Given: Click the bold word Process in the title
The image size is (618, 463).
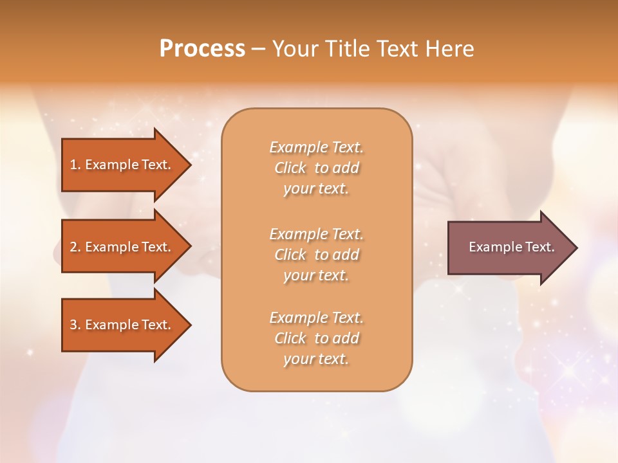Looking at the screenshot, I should click(x=202, y=49).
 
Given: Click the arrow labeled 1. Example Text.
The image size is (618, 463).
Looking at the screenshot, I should click(x=122, y=165).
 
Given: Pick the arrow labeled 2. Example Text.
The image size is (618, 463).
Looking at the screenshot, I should click(x=122, y=247).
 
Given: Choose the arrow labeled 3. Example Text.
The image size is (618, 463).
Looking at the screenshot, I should click(x=122, y=325).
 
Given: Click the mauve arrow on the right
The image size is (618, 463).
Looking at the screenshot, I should click(x=509, y=247).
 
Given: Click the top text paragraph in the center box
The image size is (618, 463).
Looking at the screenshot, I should click(x=316, y=168).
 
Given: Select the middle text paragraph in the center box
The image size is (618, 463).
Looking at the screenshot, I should click(x=316, y=255).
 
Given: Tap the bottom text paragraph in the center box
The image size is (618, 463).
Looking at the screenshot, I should click(x=316, y=338).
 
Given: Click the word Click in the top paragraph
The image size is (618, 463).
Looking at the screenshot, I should click(x=290, y=168).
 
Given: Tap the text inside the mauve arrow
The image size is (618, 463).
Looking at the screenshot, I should click(x=511, y=247).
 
